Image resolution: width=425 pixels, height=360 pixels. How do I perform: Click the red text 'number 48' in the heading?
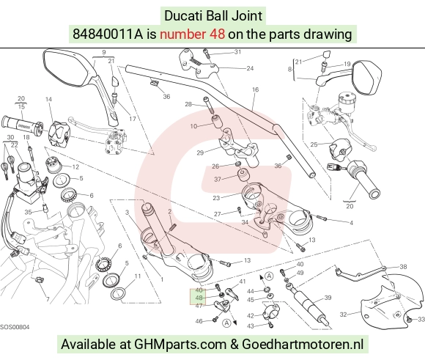(x=192, y=34)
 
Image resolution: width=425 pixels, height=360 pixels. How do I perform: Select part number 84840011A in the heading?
(x=108, y=34)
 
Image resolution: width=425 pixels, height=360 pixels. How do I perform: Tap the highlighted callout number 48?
(x=199, y=298)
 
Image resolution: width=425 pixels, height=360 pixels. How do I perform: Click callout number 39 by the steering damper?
(x=328, y=298)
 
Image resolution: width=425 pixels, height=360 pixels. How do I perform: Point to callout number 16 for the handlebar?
(x=255, y=89)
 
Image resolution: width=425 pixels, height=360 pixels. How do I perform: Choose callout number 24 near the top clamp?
(x=250, y=68)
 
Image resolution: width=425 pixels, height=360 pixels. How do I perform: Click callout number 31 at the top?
(x=237, y=52)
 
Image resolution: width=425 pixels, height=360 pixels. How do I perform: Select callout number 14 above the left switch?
(x=48, y=99)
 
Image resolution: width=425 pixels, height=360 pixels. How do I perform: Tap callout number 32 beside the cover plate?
(x=344, y=315)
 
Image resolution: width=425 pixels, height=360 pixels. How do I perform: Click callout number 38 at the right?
(x=403, y=267)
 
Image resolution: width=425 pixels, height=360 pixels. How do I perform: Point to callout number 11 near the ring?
(x=138, y=276)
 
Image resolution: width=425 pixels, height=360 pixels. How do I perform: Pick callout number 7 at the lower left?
(x=48, y=299)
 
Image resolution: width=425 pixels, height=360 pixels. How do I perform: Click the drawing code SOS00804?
(x=15, y=327)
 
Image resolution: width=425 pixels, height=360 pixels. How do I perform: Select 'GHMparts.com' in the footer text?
(x=180, y=345)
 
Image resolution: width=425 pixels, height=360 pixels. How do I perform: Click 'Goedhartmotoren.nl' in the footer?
(x=303, y=345)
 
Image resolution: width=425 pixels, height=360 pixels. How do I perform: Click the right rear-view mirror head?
(x=367, y=78)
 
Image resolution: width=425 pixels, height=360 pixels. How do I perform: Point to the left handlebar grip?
(x=22, y=125)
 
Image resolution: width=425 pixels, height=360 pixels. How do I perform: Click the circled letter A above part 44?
(x=269, y=276)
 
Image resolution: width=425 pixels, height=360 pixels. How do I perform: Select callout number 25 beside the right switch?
(x=314, y=144)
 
